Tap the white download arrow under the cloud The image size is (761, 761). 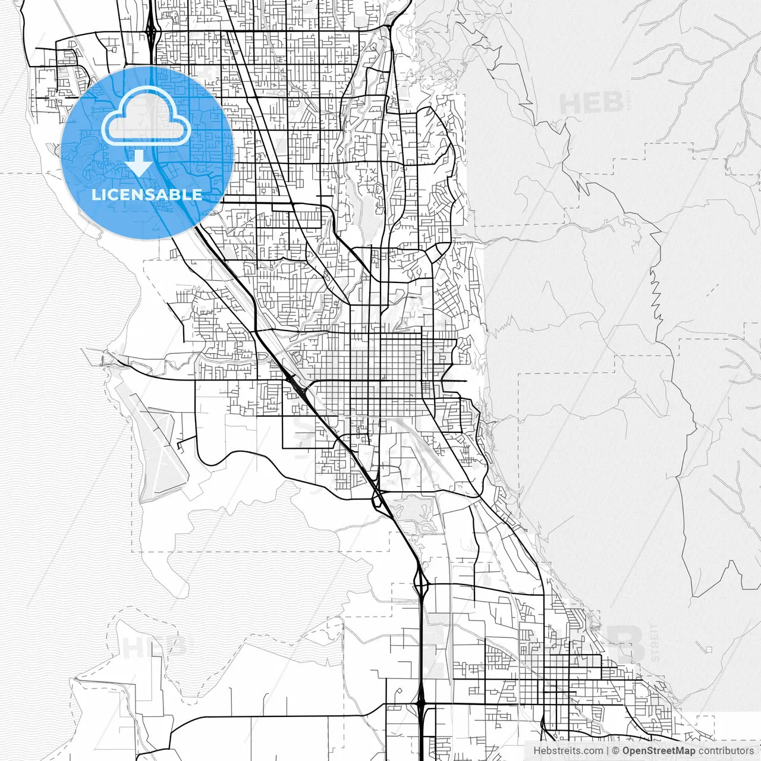click(x=139, y=163)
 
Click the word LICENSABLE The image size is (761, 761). click(x=147, y=194)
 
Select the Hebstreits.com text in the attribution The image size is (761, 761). click(x=568, y=751)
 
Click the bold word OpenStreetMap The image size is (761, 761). click(x=658, y=751)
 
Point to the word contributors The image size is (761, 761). click(x=725, y=751)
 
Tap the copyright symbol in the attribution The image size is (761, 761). click(x=616, y=751)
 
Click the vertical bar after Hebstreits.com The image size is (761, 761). click(x=608, y=751)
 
